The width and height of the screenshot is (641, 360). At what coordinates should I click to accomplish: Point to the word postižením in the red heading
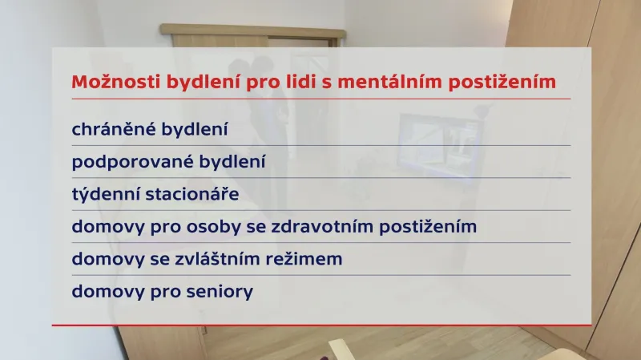pyautogui.click(x=504, y=82)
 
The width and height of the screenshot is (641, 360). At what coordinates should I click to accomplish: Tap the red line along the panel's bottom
pyautogui.click(x=320, y=326)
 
